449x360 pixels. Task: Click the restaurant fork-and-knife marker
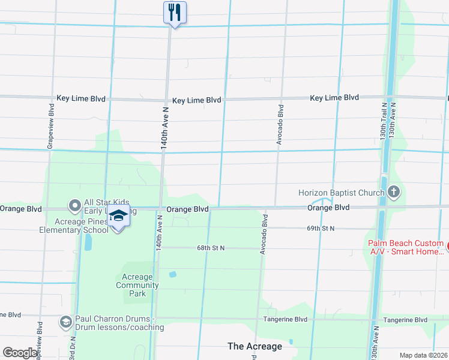click(x=175, y=12)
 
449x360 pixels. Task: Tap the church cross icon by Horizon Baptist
click(x=394, y=193)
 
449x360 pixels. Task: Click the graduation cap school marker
click(x=118, y=217)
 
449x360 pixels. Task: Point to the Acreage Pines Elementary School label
click(x=74, y=226)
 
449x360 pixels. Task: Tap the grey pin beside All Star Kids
click(x=75, y=206)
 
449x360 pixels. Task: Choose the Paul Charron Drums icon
click(x=65, y=323)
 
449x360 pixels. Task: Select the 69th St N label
click(x=320, y=229)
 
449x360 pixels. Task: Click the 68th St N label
click(x=210, y=248)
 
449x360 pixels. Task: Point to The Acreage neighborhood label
click(x=255, y=346)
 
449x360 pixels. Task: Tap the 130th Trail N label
click(x=383, y=121)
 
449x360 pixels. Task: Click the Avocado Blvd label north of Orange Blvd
click(x=280, y=124)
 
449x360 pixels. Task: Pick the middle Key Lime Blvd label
click(x=196, y=100)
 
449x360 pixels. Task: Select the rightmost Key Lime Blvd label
click(x=334, y=97)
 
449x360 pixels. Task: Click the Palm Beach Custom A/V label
click(x=406, y=247)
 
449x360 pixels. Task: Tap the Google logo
click(x=20, y=353)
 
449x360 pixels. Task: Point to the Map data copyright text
click(x=424, y=355)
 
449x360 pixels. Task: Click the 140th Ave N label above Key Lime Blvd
click(x=163, y=128)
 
